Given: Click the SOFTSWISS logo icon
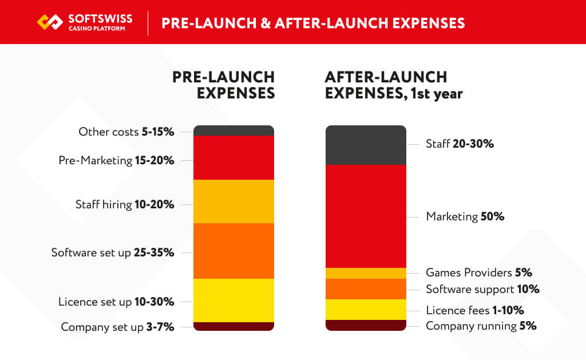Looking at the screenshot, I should tap(49, 22).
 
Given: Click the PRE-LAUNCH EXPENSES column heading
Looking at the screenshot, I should tap(224, 85).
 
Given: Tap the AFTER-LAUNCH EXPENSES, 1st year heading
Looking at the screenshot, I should tap(394, 85).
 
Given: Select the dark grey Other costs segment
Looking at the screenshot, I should tap(233, 130).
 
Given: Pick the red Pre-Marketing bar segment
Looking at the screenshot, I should tap(233, 158).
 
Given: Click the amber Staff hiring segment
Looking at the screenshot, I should tap(233, 201).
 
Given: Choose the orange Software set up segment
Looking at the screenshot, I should tap(233, 251).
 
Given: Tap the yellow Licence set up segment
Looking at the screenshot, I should tap(233, 300).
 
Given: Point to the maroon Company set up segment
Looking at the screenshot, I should tap(233, 326).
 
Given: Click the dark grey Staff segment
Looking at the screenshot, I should tap(366, 145).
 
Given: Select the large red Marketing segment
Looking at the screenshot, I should tap(366, 216).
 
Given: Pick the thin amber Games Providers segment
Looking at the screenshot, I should tap(366, 273).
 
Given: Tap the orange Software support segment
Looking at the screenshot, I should tap(366, 289).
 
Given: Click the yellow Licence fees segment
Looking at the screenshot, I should tap(366, 310).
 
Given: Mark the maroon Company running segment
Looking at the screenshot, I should tap(366, 325).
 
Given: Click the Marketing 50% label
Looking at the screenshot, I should tap(465, 217).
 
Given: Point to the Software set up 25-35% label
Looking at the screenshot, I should tap(113, 252).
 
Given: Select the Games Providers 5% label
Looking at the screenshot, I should tap(479, 272).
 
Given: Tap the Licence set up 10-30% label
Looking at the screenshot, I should tap(116, 302).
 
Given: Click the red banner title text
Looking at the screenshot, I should tap(313, 23).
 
